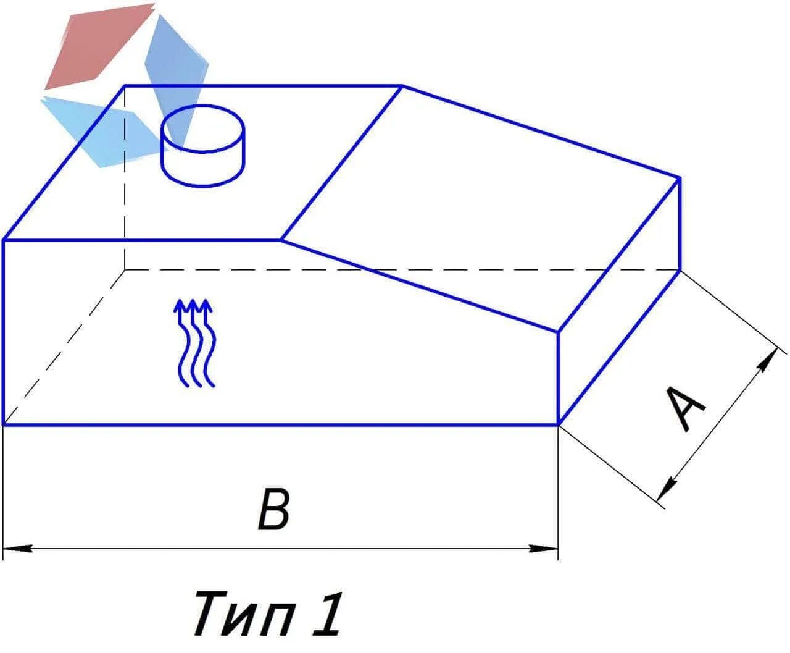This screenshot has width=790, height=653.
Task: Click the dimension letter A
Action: (x=686, y=408)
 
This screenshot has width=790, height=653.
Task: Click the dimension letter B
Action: (x=273, y=509)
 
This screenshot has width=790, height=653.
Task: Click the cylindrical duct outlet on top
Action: (x=202, y=146)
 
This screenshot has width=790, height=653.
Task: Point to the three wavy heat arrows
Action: (x=194, y=343)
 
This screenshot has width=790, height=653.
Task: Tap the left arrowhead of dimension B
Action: (x=16, y=548)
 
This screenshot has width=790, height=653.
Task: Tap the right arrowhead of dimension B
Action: (x=546, y=548)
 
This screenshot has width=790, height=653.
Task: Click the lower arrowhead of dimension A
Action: (x=664, y=491)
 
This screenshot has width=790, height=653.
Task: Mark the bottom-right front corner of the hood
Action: (x=559, y=424)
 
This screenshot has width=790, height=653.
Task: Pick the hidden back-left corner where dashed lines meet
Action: (x=125, y=270)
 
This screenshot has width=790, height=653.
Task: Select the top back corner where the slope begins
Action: (x=402, y=86)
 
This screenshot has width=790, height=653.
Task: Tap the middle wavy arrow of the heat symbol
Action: (x=194, y=343)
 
